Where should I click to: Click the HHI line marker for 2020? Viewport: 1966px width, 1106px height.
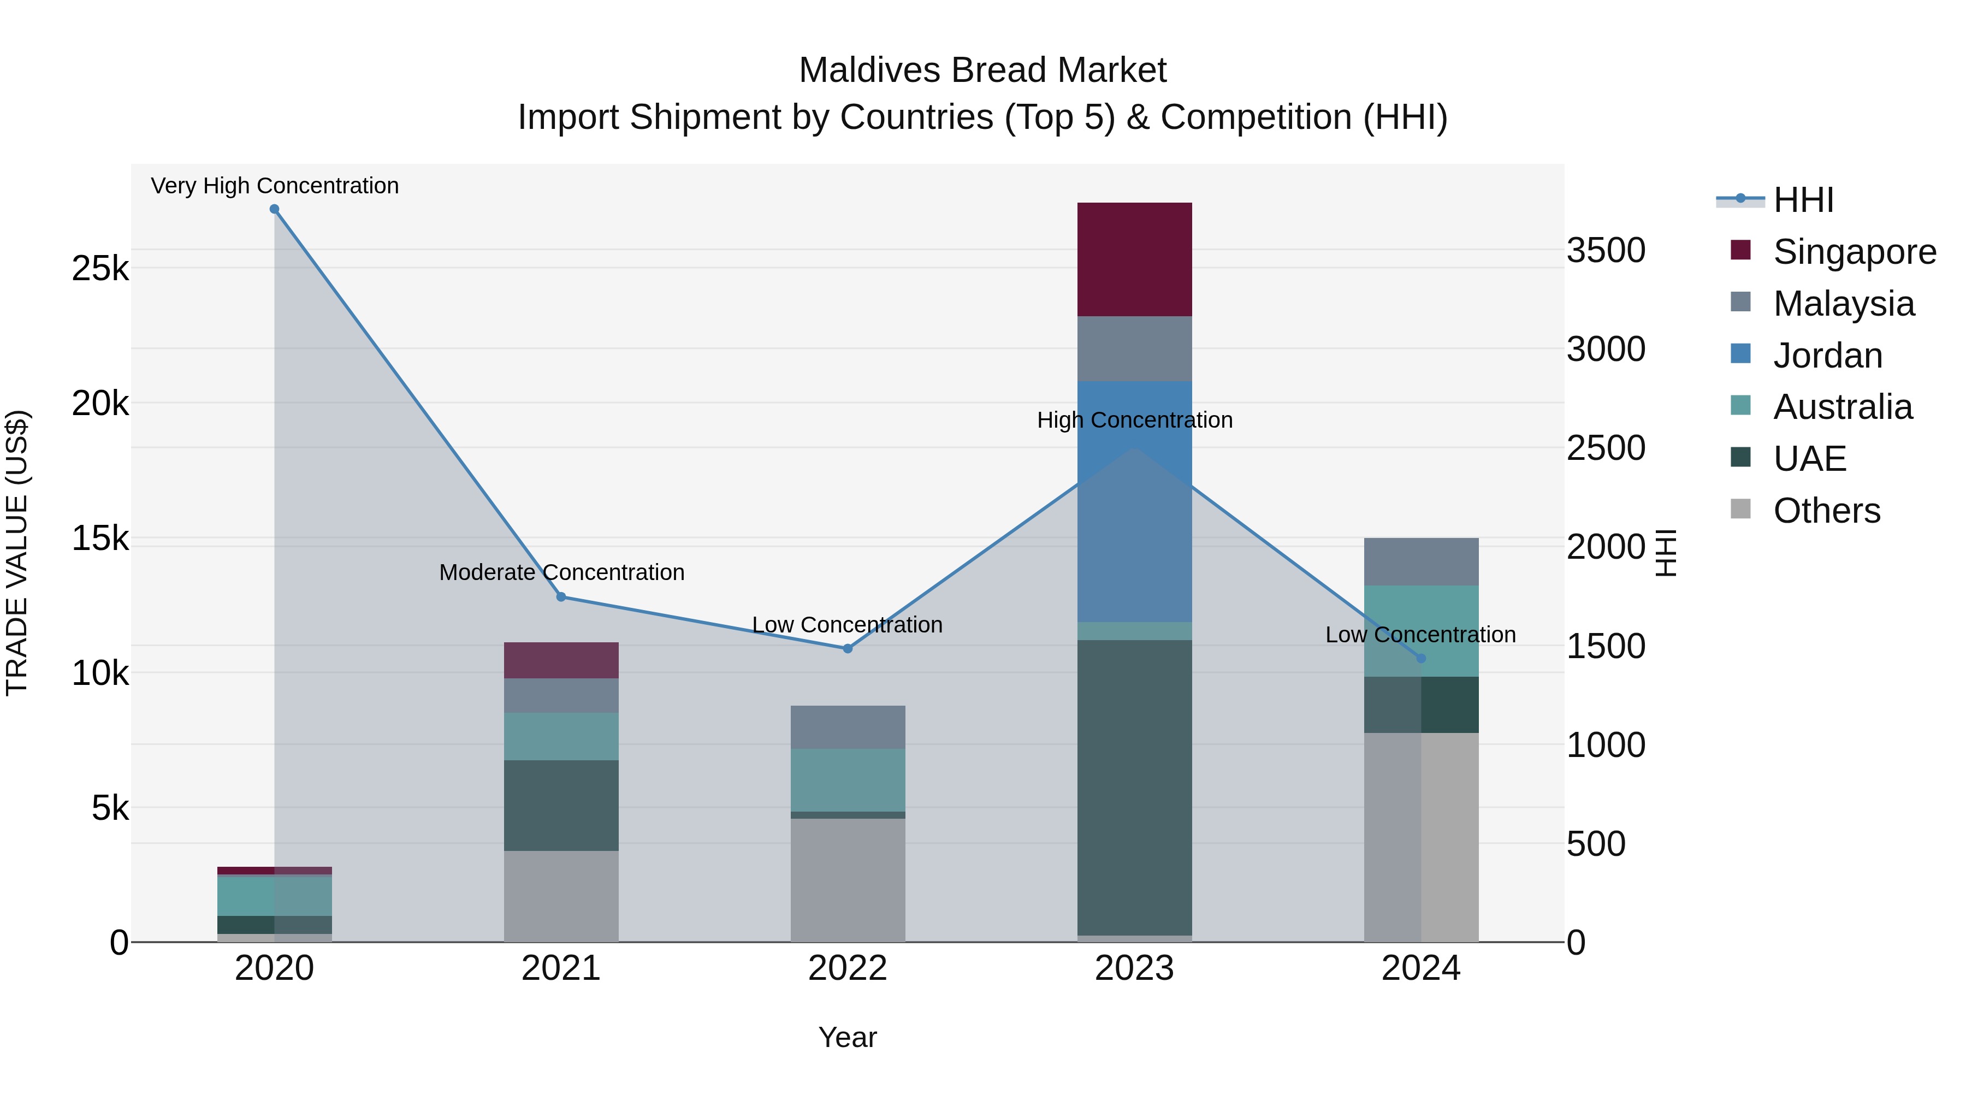pyautogui.click(x=274, y=209)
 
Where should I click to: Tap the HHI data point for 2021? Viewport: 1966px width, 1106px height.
pyautogui.click(x=561, y=597)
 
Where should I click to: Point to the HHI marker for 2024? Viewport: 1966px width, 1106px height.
pyautogui.click(x=1420, y=658)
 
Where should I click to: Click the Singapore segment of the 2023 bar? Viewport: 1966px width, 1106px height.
pyautogui.click(x=1134, y=259)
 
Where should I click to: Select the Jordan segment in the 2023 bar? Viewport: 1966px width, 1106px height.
pyautogui.click(x=1134, y=501)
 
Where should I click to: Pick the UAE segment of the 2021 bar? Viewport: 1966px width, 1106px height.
pyautogui.click(x=561, y=805)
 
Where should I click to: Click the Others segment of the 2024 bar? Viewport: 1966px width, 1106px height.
pyautogui.click(x=1421, y=837)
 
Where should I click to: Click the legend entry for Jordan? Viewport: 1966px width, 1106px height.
pyautogui.click(x=1827, y=356)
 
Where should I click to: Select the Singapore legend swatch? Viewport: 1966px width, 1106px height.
pyautogui.click(x=1741, y=250)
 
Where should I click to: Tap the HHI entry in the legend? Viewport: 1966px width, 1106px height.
pyautogui.click(x=1803, y=200)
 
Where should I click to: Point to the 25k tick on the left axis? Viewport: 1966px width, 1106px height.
pyautogui.click(x=100, y=269)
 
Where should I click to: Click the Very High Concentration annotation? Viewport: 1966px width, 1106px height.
pyautogui.click(x=275, y=186)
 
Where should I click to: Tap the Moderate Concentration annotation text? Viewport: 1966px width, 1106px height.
pyautogui.click(x=562, y=572)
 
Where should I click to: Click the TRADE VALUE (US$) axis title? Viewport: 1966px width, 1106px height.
pyautogui.click(x=17, y=553)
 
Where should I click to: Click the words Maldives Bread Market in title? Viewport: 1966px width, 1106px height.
pyautogui.click(x=982, y=70)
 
